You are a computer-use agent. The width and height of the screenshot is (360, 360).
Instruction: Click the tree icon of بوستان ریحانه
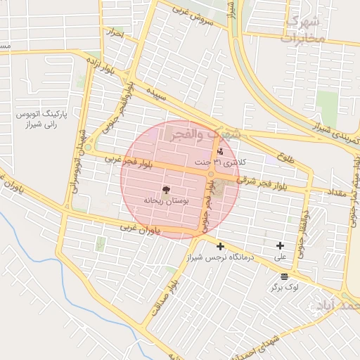click(166, 190)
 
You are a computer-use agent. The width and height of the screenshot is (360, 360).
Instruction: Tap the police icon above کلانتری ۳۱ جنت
click(221, 151)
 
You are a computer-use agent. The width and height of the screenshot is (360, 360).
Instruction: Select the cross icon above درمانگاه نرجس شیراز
click(221, 246)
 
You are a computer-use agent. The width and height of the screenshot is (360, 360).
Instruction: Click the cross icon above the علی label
click(281, 245)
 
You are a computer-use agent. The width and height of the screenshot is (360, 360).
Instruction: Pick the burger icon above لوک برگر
click(283, 276)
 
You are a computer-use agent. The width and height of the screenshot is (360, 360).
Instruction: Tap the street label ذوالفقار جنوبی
click(299, 231)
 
